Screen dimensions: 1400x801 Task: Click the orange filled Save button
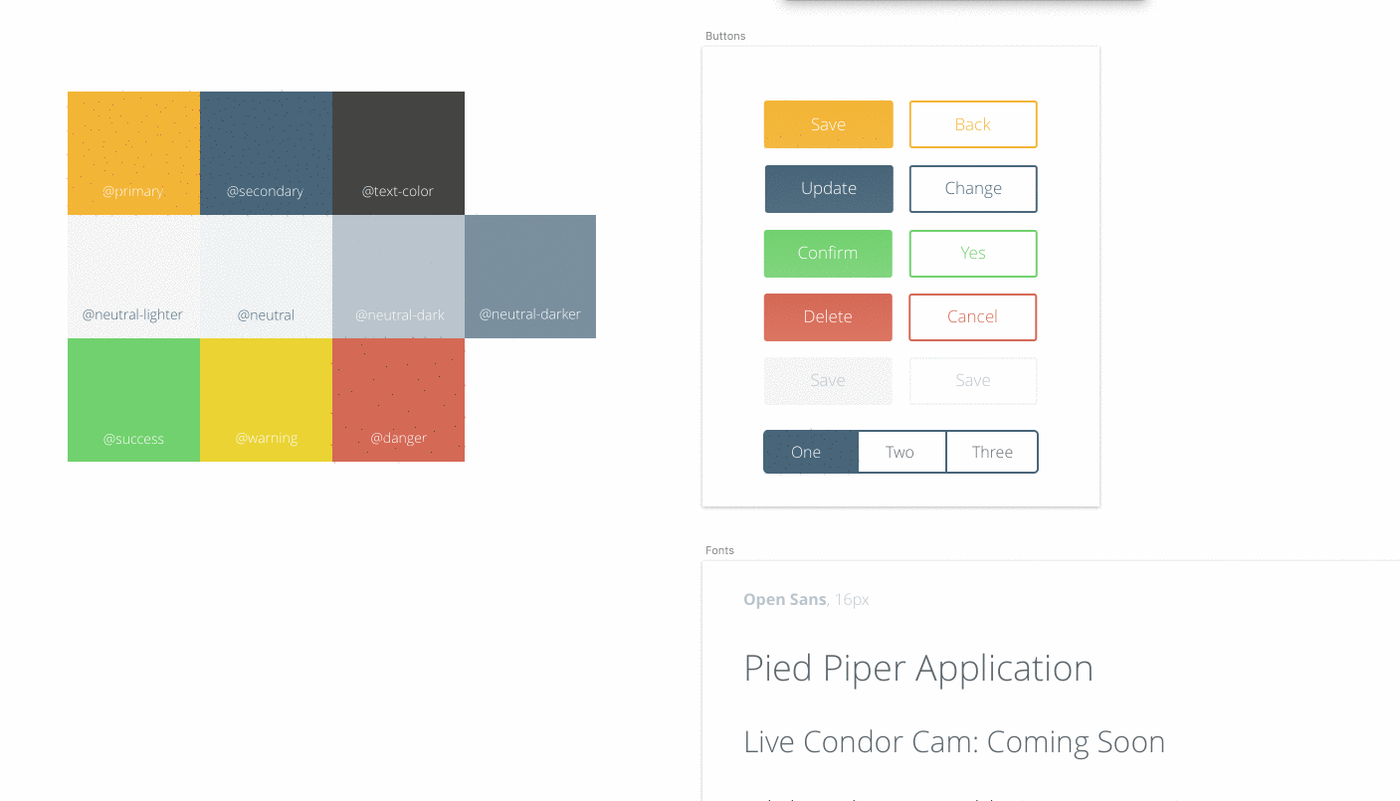[828, 124]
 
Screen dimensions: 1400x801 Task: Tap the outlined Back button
[973, 124]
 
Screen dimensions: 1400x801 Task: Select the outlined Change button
[973, 189]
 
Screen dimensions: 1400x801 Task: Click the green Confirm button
[828, 253]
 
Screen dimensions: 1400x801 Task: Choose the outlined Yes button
[973, 253]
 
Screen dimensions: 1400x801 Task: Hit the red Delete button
[828, 316]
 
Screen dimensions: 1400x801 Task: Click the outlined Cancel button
[972, 316]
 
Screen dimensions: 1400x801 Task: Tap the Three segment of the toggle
[992, 452]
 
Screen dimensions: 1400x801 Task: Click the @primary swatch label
[132, 191]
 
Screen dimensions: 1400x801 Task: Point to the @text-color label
[397, 191]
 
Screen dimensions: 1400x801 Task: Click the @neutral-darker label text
[530, 314]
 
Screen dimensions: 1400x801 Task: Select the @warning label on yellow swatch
[267, 439]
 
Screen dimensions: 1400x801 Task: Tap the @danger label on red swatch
[399, 438]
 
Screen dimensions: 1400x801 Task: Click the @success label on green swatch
[133, 439]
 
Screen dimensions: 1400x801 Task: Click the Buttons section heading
[725, 36]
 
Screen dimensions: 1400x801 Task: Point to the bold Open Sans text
[785, 599]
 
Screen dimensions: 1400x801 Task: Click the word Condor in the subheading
[854, 742]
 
